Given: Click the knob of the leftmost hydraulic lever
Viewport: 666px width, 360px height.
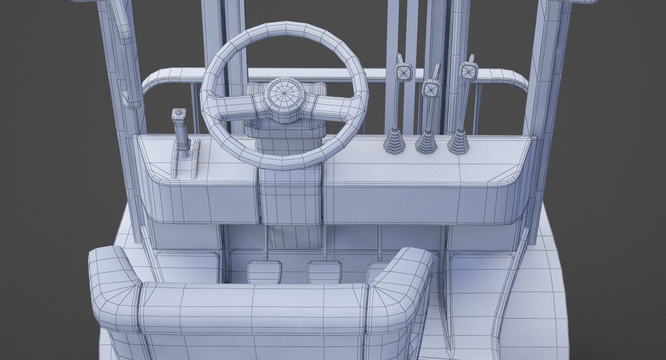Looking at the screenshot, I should (x=404, y=72).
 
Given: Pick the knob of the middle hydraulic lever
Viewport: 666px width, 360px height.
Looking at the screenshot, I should (x=432, y=88).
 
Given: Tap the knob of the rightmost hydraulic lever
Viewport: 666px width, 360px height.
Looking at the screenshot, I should (x=468, y=71).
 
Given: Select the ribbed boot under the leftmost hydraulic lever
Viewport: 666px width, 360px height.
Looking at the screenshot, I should (x=395, y=141).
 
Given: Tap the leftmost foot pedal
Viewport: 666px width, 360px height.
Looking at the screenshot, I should (x=265, y=272).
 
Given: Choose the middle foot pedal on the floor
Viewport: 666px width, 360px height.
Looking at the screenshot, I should (x=324, y=272).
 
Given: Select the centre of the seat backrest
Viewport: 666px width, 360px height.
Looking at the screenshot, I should (x=252, y=310).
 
